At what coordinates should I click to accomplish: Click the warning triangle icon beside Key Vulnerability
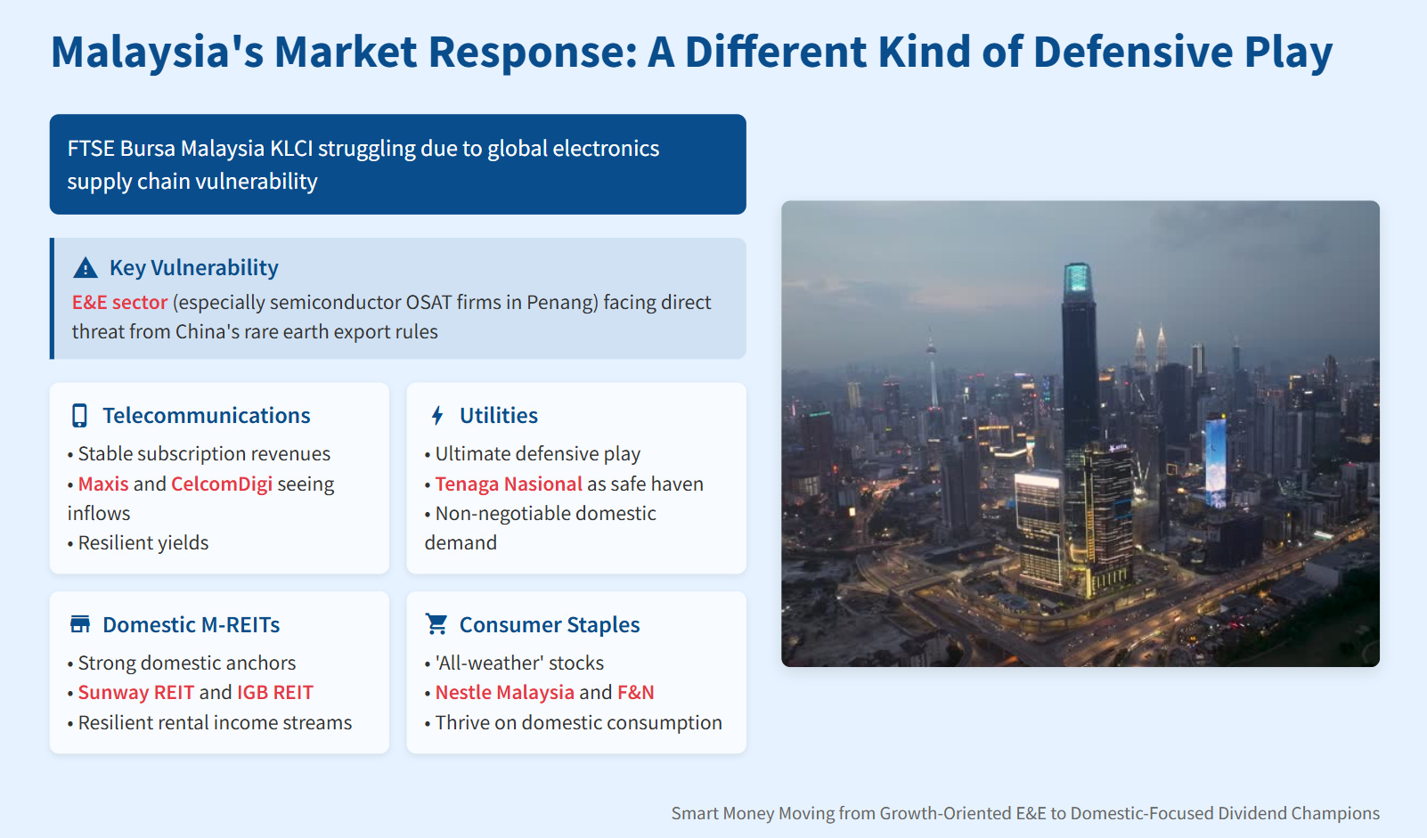point(86,268)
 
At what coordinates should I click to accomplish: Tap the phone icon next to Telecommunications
point(79,415)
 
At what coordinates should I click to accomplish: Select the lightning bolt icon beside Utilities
point(437,415)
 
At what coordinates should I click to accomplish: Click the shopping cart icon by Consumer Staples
point(436,624)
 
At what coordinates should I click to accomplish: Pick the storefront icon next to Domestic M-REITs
point(79,624)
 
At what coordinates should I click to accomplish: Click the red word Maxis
point(103,484)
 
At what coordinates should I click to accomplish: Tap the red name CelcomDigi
point(222,484)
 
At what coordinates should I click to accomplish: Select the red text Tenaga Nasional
point(509,484)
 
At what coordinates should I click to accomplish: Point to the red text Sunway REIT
point(135,692)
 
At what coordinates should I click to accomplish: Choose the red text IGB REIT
point(275,692)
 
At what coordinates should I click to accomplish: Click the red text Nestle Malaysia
point(504,692)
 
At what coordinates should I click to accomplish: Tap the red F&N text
point(636,692)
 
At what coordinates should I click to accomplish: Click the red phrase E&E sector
point(119,302)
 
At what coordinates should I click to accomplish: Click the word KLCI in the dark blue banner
point(291,149)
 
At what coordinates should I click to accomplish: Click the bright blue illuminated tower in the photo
point(1215,461)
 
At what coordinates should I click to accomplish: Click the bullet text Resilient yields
point(143,542)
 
